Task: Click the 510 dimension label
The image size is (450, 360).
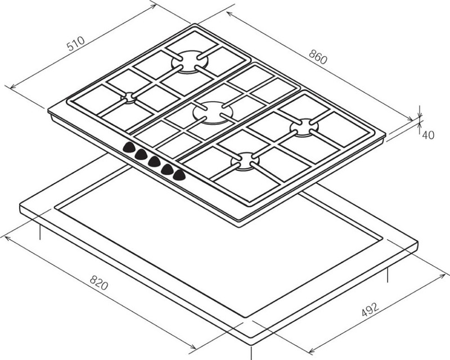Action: tap(75, 44)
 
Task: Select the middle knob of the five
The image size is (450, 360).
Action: tap(154, 161)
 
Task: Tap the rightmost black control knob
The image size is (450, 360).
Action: tap(179, 174)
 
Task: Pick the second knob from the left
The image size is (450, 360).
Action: tap(141, 155)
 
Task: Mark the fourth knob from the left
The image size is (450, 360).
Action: tap(167, 168)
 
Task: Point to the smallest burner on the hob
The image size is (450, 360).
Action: tap(129, 97)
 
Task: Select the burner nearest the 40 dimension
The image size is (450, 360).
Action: tap(304, 127)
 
